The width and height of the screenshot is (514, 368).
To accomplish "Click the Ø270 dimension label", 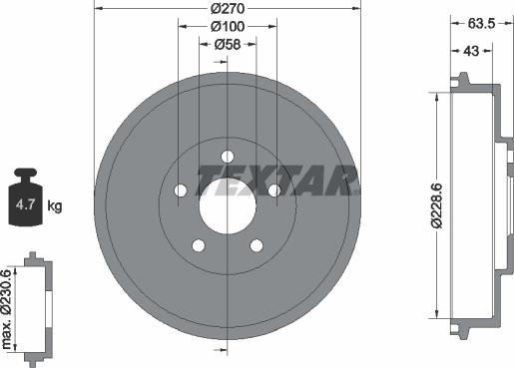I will coord(228,8).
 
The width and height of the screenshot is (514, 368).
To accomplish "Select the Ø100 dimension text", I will coord(228,27).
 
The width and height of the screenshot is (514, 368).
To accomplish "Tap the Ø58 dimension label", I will coord(228,45).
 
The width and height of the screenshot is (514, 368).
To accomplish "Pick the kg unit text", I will coord(55,206).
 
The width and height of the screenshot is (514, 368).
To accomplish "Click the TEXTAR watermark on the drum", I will coord(277,181).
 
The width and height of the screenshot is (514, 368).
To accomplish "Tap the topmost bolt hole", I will coord(228,156).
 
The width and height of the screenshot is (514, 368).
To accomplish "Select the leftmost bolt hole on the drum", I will coord(181,190).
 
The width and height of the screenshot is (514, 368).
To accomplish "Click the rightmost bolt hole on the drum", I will coord(274,190).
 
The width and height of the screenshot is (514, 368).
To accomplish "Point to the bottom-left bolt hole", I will coord(199,245).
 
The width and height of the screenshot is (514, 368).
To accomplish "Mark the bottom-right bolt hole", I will coord(257,245).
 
